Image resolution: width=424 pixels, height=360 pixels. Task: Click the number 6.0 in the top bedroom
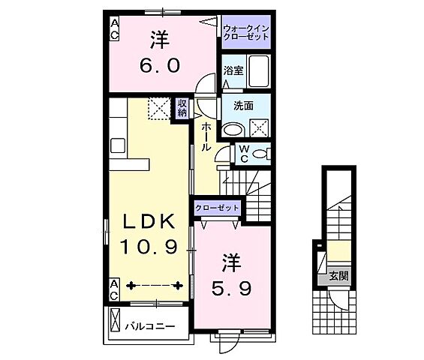click(x=158, y=65)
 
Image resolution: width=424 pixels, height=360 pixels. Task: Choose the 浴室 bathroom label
click(x=233, y=72)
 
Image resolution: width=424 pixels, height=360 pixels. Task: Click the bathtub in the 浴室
click(x=259, y=73)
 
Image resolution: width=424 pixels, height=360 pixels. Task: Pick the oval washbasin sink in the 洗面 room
click(x=233, y=130)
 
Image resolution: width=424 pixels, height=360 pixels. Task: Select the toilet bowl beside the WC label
click(x=260, y=154)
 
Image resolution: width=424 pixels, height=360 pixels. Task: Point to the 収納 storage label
click(x=182, y=109)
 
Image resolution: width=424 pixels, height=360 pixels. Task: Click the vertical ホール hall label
click(x=204, y=136)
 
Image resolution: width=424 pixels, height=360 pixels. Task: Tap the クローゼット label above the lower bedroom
click(x=217, y=207)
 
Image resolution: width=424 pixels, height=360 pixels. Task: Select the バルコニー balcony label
click(x=149, y=327)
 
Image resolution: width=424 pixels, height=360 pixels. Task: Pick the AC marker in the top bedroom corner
click(x=115, y=28)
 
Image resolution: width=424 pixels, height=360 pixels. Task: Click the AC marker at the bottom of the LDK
click(x=114, y=289)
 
